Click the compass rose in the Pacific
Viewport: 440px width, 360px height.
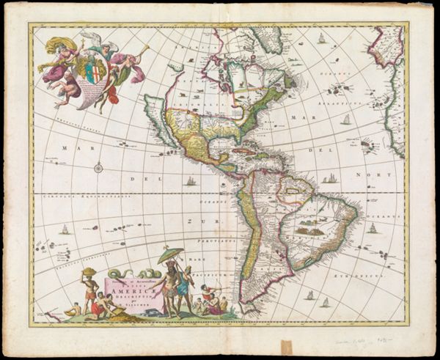[98, 168]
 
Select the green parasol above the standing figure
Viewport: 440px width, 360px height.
[170, 254]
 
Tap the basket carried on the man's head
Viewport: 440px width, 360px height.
[89, 272]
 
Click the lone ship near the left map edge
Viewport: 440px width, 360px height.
[64, 229]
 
